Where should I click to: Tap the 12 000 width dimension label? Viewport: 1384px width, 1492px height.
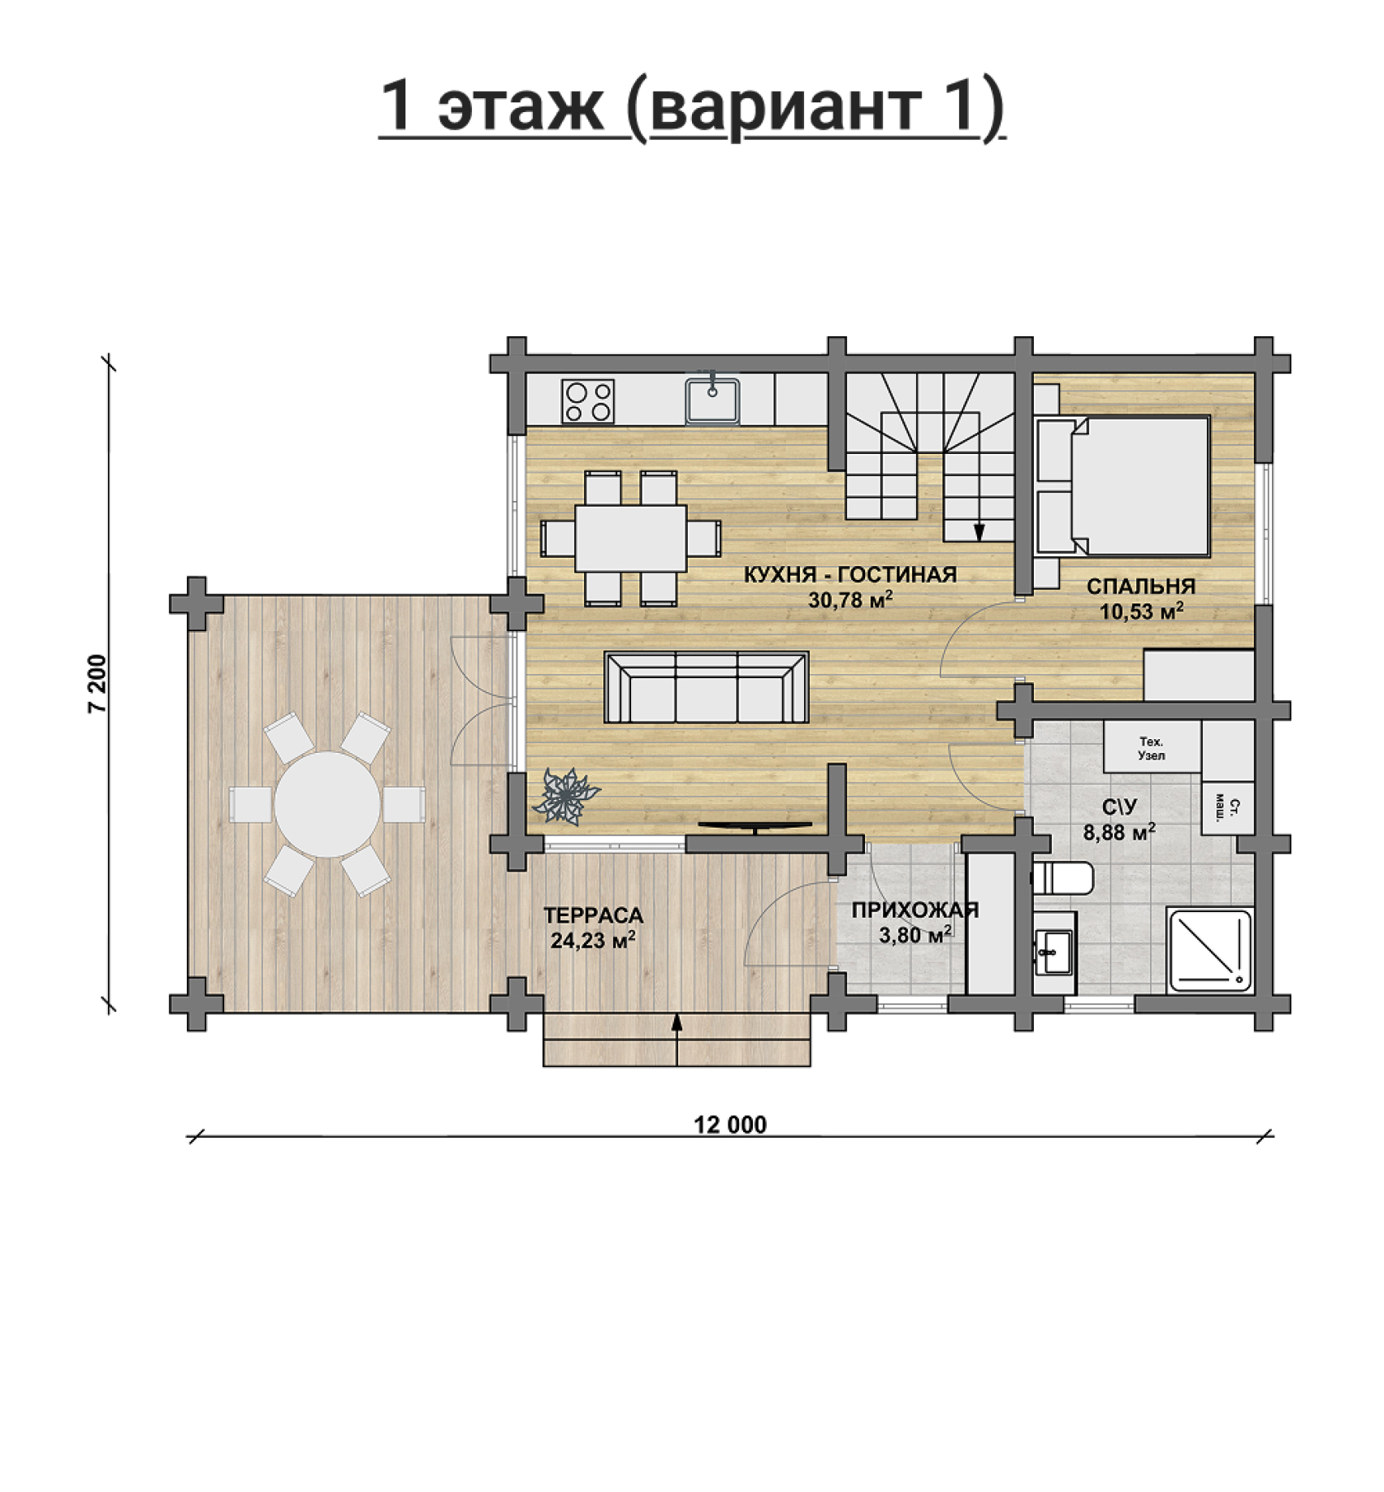[x=730, y=1124]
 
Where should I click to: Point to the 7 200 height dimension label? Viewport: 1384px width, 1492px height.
[x=98, y=683]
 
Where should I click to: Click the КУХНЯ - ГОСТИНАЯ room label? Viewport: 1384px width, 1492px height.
[x=850, y=575]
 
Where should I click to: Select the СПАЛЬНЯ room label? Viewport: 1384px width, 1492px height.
[x=1141, y=586]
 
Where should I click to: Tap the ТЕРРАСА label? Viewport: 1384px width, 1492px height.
[x=593, y=915]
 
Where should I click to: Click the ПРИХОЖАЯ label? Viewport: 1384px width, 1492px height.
[x=915, y=910]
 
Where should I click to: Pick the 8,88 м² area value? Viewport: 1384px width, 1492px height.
[x=1119, y=832]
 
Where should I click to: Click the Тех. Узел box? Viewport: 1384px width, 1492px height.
[x=1152, y=747]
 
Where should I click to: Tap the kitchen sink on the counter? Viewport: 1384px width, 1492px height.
[x=712, y=400]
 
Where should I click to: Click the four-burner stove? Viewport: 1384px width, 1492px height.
[x=588, y=401]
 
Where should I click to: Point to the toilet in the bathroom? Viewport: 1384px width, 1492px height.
[x=1062, y=878]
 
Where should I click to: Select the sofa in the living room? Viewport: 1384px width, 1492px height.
[x=707, y=686]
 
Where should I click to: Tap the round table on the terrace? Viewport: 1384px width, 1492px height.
[x=327, y=804]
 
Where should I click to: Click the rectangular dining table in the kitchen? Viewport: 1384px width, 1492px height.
[x=631, y=538]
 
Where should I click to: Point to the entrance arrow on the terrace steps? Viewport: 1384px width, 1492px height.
[x=677, y=1039]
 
